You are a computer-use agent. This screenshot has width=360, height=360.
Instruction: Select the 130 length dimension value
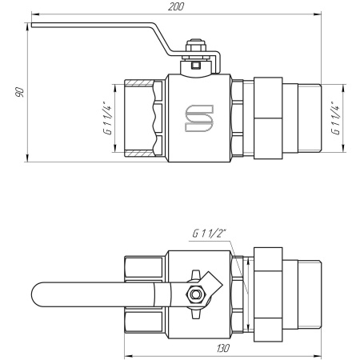222,349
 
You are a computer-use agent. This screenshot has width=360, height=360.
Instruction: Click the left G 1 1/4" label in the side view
106,116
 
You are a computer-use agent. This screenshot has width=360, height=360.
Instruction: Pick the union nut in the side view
275,117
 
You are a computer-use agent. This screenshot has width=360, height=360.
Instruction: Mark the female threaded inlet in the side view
145,117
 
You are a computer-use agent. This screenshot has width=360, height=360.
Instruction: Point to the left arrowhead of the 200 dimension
34,14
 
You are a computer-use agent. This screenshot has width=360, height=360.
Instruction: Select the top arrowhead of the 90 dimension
27,28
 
